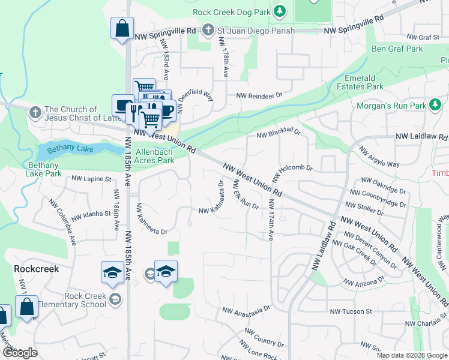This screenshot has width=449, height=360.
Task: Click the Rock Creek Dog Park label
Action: click(231, 12)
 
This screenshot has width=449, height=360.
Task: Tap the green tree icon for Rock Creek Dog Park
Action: click(279, 11)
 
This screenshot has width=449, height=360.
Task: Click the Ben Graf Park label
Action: click(397, 49)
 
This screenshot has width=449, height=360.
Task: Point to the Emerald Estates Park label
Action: click(364, 82)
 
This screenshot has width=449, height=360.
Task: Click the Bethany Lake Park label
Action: click(44, 169)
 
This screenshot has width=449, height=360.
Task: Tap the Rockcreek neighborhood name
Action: click(37, 269)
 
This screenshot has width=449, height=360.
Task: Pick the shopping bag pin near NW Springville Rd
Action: click(122, 29)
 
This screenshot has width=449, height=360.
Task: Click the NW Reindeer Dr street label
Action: click(259, 95)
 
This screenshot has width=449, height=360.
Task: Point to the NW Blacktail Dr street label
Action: click(278, 134)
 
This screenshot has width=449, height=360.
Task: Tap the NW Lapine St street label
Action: click(91, 179)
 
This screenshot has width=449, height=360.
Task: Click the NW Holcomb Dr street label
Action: click(292, 171)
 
